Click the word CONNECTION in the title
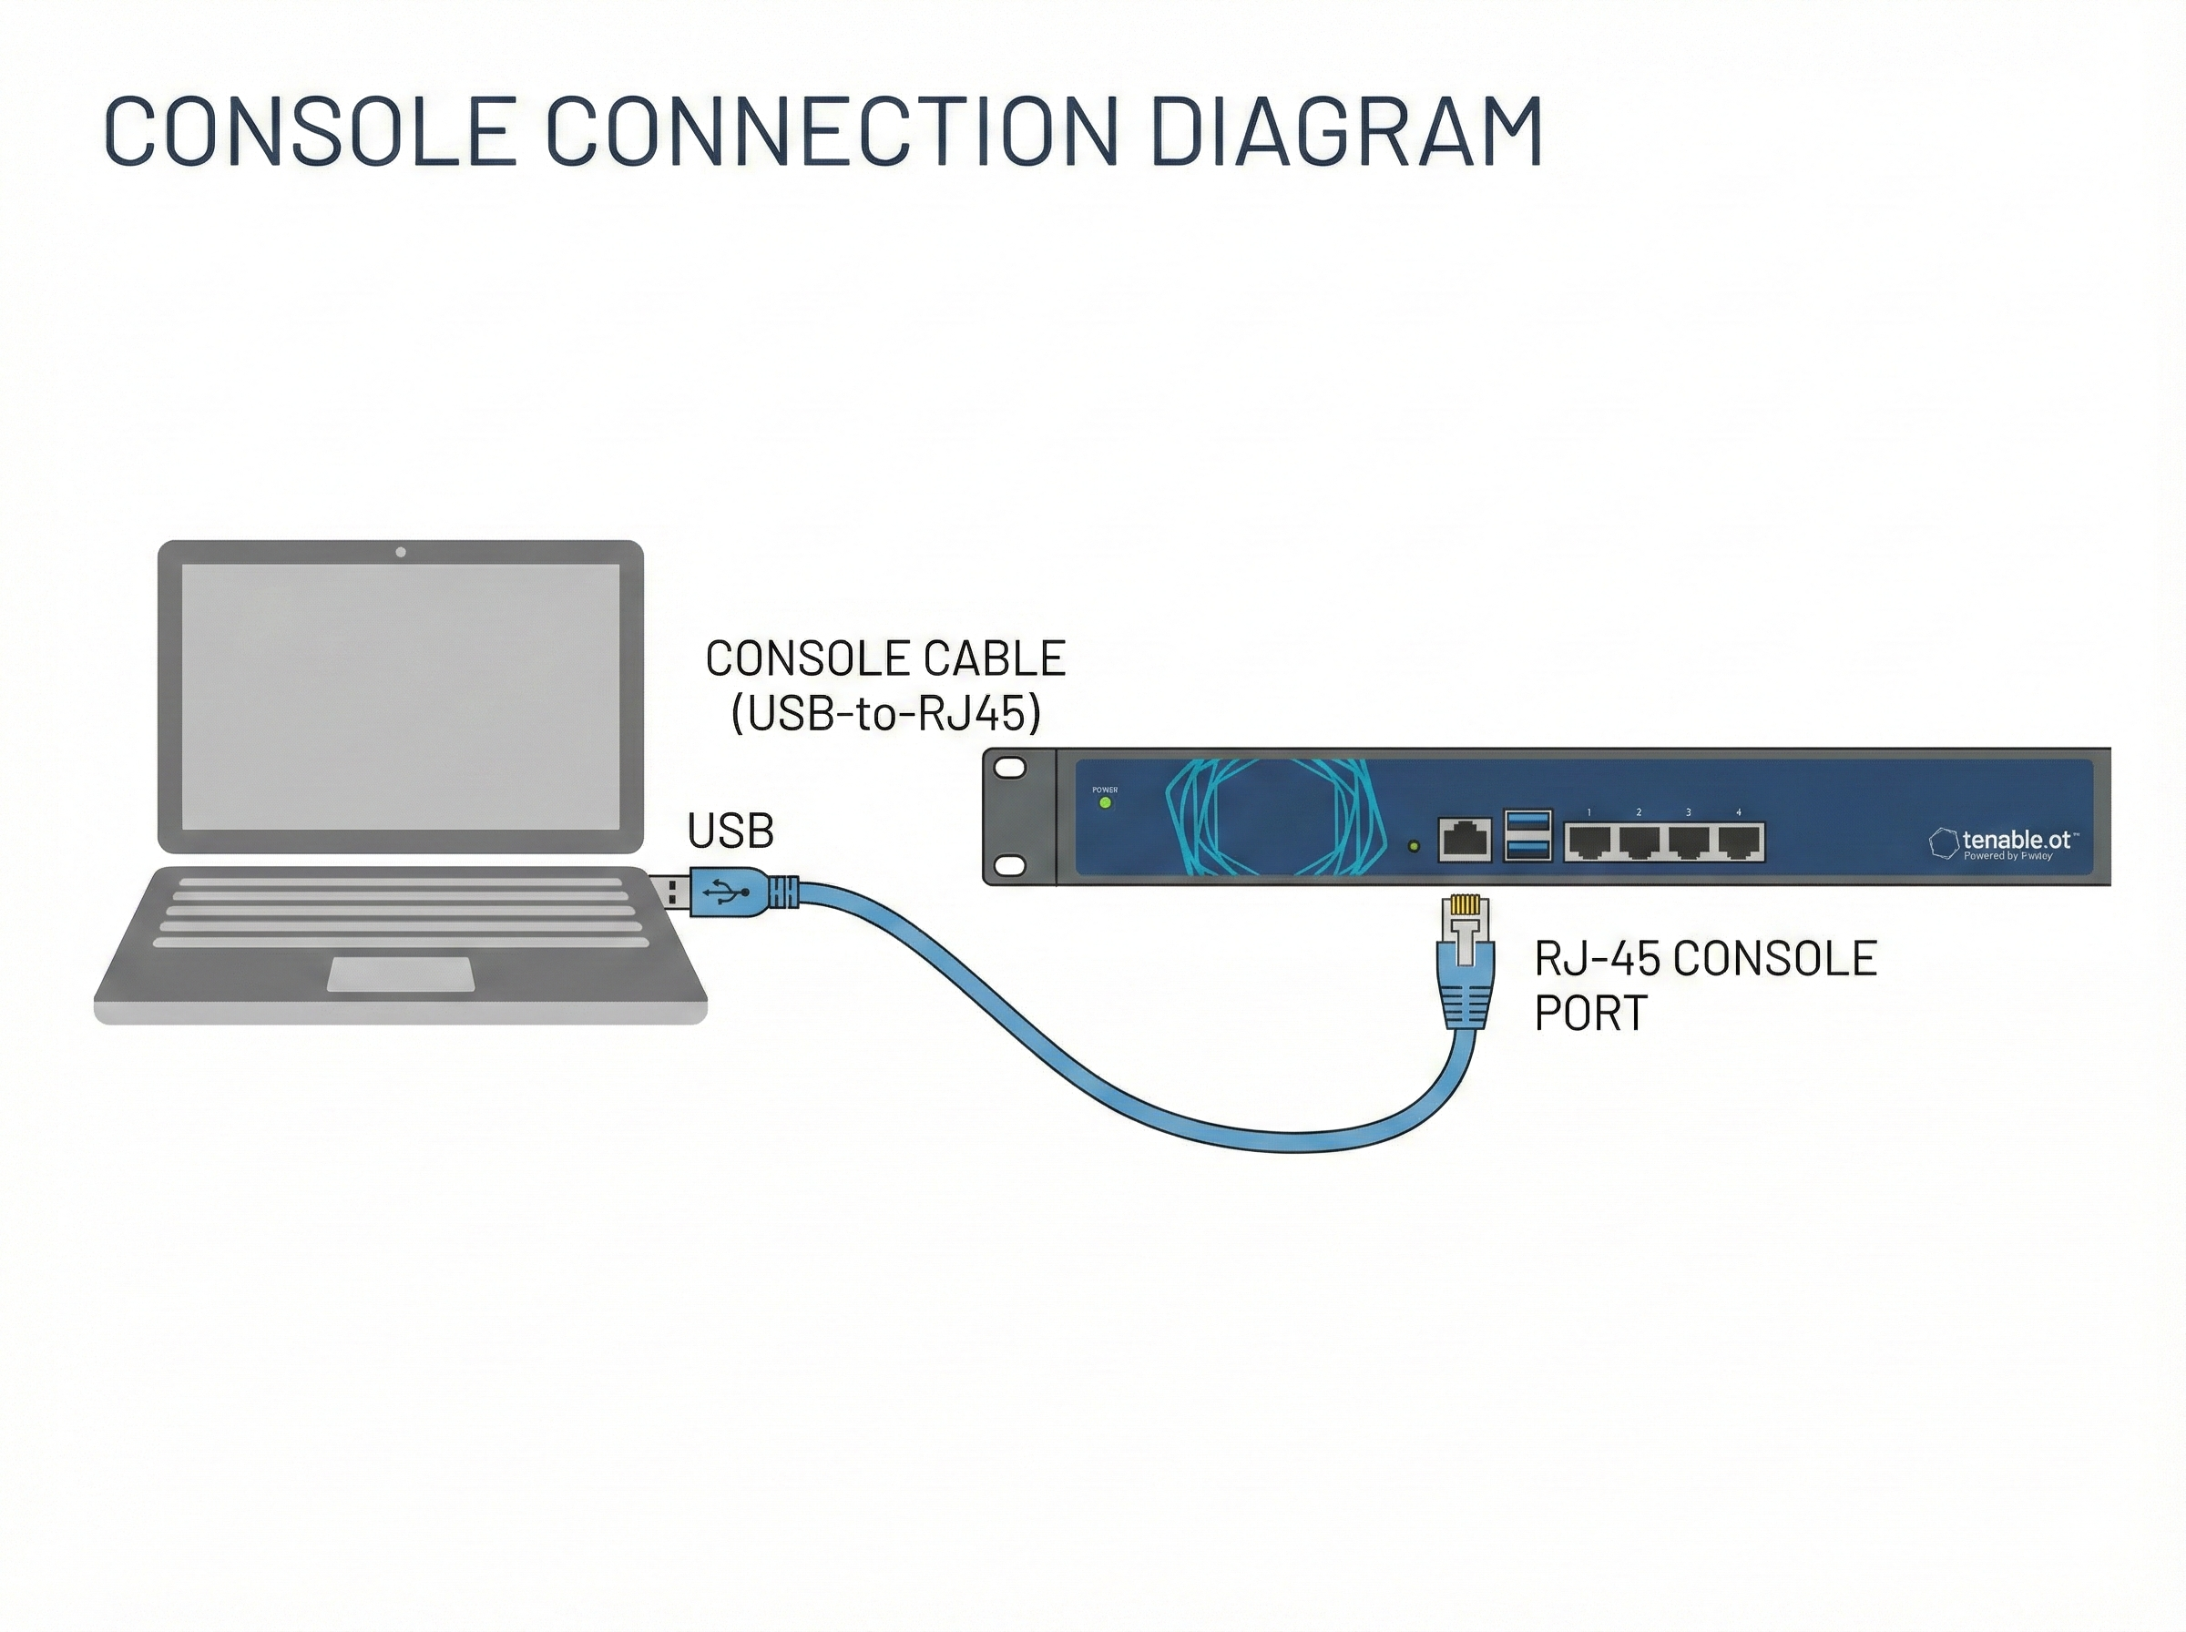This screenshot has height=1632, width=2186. pyautogui.click(x=832, y=130)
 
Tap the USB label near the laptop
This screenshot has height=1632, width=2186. pyautogui.click(x=730, y=831)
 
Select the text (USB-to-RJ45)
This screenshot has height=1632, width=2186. pyautogui.click(x=886, y=713)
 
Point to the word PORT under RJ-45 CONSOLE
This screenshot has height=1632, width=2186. pyautogui.click(x=1590, y=1013)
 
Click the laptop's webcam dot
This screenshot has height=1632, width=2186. pyautogui.click(x=400, y=552)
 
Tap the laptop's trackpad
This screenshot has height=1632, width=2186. pyautogui.click(x=400, y=974)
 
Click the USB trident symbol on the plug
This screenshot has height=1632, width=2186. pyautogui.click(x=726, y=893)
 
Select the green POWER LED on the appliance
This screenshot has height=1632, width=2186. pyautogui.click(x=1106, y=803)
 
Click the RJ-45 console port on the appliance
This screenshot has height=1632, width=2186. pyautogui.click(x=1465, y=840)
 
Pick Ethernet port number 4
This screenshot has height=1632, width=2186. pyautogui.click(x=1739, y=842)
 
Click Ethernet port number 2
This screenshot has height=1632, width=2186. pyautogui.click(x=1639, y=842)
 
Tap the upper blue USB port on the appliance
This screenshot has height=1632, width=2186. pyautogui.click(x=1527, y=822)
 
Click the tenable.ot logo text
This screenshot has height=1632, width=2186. pyautogui.click(x=2015, y=840)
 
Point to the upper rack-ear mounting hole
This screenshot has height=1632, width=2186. pyautogui.click(x=1009, y=768)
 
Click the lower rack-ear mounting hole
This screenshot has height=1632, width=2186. pyautogui.click(x=1009, y=865)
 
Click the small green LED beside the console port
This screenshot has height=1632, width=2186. pyautogui.click(x=1414, y=847)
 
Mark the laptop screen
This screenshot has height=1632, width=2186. pyautogui.click(x=400, y=697)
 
